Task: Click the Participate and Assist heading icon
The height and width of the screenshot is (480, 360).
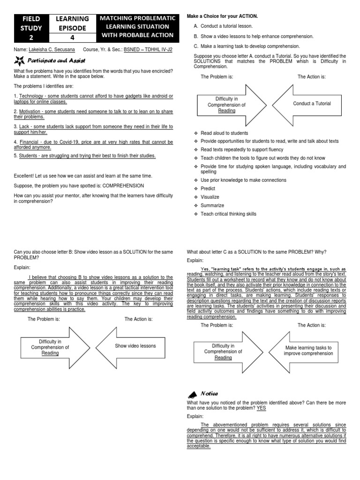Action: tap(19, 60)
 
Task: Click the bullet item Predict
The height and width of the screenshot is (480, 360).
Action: tap(209, 188)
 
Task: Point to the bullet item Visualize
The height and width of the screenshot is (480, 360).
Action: tap(210, 197)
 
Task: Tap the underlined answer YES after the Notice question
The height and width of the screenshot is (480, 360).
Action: tap(261, 408)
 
